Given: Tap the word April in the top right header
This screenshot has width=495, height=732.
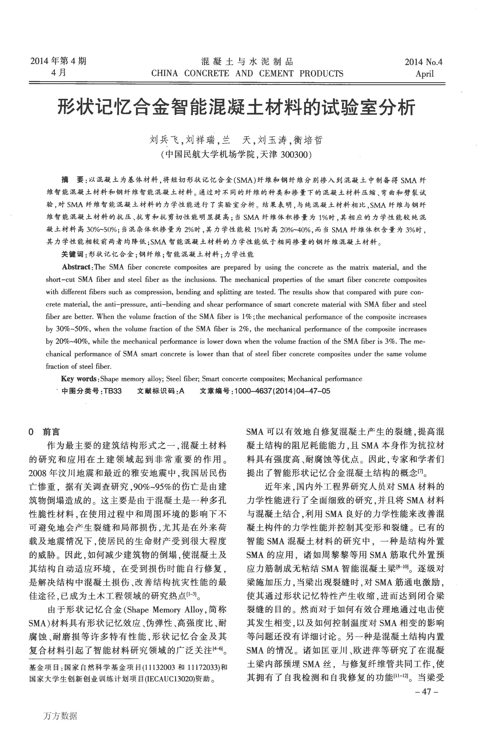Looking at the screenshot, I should (x=424, y=74).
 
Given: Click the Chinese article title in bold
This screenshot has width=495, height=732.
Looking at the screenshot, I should (x=236, y=108).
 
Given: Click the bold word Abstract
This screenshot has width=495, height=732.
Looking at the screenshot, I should (x=76, y=267).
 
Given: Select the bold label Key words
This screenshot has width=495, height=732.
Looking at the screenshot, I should (x=79, y=379).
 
